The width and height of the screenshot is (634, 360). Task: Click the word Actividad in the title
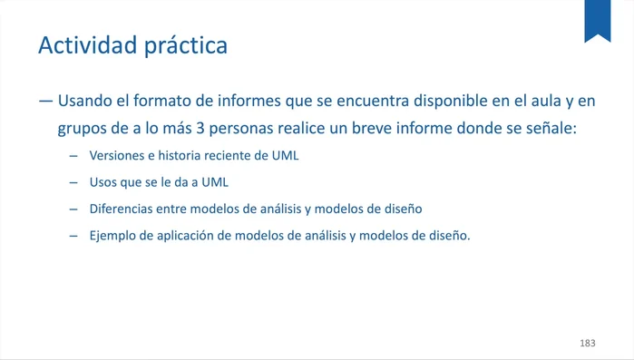86,44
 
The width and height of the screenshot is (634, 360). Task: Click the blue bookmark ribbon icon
597,20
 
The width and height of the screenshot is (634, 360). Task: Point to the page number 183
587,344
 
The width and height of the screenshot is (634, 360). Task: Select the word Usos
103,182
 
